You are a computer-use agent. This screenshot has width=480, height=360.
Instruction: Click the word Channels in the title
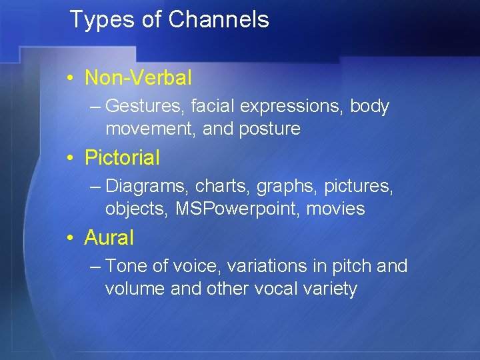pos(219,20)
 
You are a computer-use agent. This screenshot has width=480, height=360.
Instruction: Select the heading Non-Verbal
pos(138,78)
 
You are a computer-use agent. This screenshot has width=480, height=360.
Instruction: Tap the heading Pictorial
pos(122,158)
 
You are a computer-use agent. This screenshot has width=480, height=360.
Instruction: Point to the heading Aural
pos(109,237)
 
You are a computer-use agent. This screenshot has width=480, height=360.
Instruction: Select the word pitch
pos(352,267)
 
